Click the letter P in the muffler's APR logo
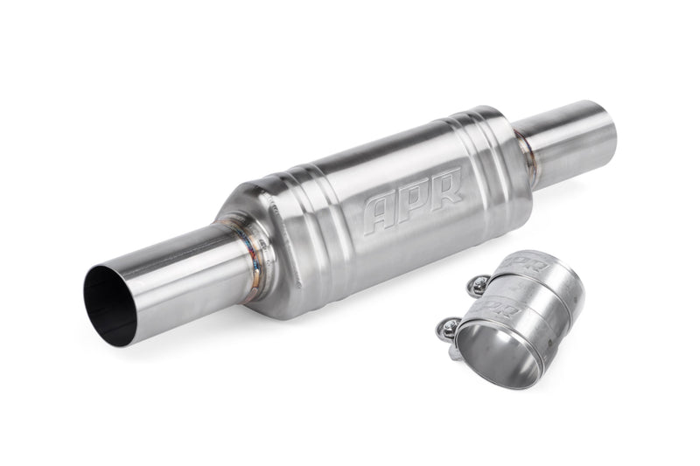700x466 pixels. (x=415, y=198)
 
